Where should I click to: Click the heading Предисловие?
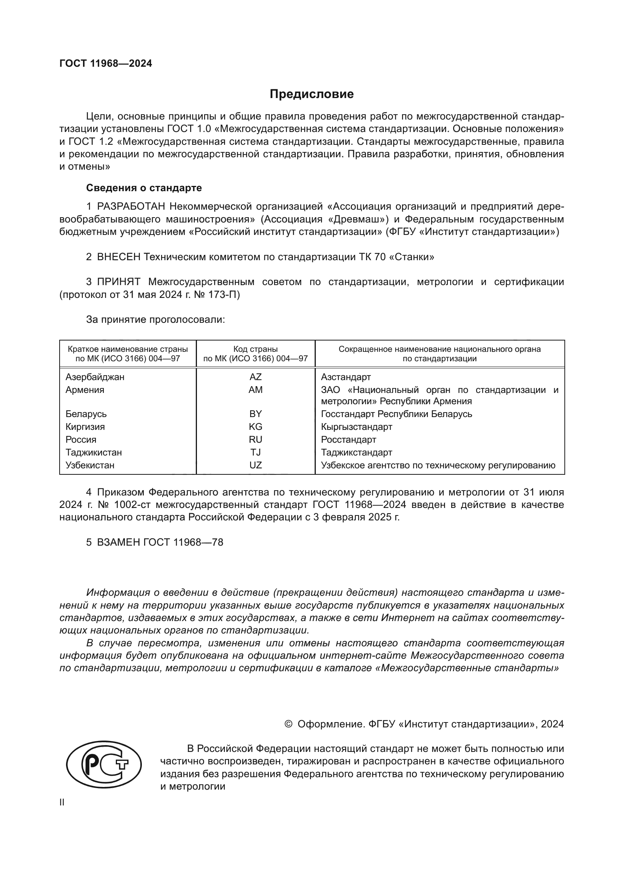pyautogui.click(x=312, y=94)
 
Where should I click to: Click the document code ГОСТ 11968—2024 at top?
pyautogui.click(x=106, y=64)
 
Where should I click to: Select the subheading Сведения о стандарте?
pyautogui.click(x=144, y=188)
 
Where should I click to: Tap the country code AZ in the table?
pyautogui.click(x=255, y=377)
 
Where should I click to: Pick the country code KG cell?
pyautogui.click(x=255, y=427)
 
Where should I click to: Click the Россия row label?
pyautogui.click(x=81, y=439)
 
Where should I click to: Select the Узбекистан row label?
pyautogui.click(x=90, y=465)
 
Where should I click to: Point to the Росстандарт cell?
pyautogui.click(x=349, y=439)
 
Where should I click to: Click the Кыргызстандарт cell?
pyautogui.click(x=357, y=427)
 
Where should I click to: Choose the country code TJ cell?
pyautogui.click(x=255, y=452)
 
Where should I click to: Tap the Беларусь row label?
pyautogui.click(x=86, y=414)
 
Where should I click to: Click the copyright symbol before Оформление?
pyautogui.click(x=289, y=724)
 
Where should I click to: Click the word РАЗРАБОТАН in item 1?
pyautogui.click(x=131, y=207)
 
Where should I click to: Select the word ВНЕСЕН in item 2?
pyautogui.click(x=119, y=257)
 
